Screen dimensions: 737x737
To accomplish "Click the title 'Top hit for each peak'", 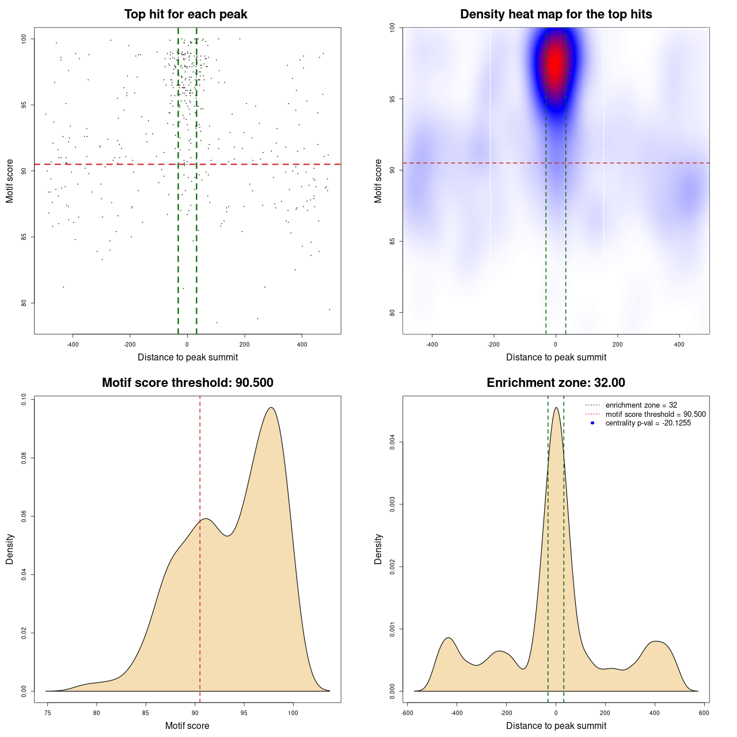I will [185, 14].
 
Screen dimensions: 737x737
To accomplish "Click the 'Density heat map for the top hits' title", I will [556, 14].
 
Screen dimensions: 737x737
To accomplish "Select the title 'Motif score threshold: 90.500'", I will [187, 383].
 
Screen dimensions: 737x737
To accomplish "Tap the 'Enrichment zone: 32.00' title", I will [556, 383].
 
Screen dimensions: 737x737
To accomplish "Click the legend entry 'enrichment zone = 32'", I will [641, 405].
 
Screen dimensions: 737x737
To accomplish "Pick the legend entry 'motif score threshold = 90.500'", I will [655, 415].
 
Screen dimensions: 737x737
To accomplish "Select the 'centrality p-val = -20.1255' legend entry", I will [648, 423].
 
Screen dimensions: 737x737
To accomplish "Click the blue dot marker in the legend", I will [592, 423].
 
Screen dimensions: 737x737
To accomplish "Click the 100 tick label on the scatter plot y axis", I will [24, 39].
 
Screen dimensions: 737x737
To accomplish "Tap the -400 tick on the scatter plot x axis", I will [73, 344].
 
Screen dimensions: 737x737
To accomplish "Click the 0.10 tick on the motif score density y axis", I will [24, 400].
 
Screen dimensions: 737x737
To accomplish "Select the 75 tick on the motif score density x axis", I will [47, 713].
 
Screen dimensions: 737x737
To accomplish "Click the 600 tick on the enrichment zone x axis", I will [704, 713].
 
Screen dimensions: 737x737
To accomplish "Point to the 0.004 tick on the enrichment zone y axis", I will [393, 443].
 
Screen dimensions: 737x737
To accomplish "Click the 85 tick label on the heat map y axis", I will [393, 241].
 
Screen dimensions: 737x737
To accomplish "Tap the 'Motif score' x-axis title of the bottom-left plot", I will [187, 725].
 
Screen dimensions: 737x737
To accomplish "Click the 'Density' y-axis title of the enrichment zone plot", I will [378, 549].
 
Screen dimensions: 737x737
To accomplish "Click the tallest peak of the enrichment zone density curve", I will [556, 408].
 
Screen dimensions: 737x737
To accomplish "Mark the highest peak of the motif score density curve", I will [271, 408].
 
